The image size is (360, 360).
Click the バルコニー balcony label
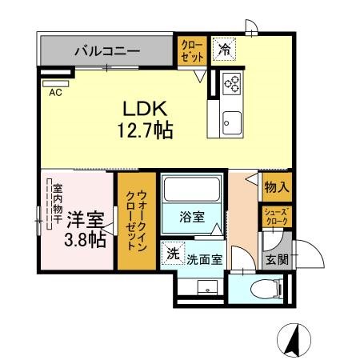pos(107,51)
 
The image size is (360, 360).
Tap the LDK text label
pos(145,109)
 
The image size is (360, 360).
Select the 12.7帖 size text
pos(146,130)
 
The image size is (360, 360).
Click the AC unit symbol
pos(56,84)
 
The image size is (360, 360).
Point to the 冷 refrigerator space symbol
pos(225,50)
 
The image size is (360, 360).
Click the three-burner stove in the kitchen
pos(232,83)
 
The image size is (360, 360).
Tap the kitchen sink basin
pos(232,123)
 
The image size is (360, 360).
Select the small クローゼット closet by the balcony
pos(192,50)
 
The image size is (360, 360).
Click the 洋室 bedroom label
pos(85,220)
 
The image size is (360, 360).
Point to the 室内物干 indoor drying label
pos(57,204)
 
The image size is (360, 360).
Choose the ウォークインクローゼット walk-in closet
pos(137,221)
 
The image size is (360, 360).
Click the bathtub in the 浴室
pos(192,189)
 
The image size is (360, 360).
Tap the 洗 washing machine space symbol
pos(173,254)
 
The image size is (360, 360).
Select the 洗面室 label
pos(204,259)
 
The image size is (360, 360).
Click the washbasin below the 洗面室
pos(207,287)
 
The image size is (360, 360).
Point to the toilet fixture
pos(267,288)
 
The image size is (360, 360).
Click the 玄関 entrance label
pos(278,259)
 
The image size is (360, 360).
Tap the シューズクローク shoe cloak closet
pos(277,217)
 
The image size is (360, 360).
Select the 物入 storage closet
pos(277,187)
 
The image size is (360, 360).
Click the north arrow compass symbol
pos(294,340)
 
